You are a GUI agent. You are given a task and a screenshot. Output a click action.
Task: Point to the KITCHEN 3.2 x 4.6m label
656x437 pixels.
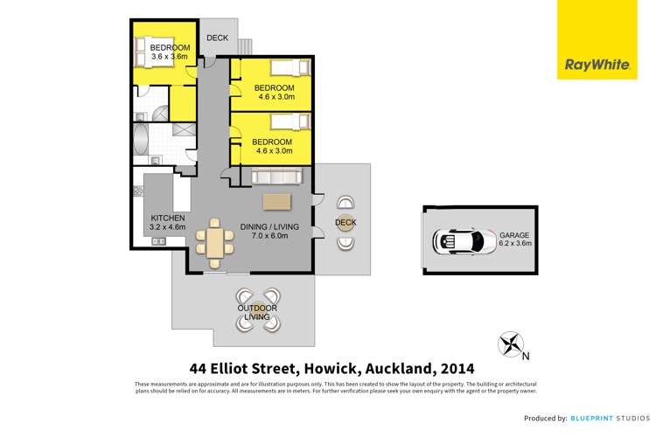tap(167, 223)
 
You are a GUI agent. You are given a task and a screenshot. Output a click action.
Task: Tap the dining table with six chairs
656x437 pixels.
tap(214, 240)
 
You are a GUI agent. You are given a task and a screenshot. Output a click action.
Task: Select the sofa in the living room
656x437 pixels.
tap(277, 177)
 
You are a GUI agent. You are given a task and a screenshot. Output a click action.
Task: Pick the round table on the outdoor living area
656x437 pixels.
tap(258, 312)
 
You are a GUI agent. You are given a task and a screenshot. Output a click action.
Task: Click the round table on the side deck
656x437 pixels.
tap(345, 223)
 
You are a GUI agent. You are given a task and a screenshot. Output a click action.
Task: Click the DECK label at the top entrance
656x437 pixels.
tap(216, 38)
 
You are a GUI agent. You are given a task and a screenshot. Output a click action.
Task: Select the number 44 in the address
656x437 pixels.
tap(200, 368)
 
